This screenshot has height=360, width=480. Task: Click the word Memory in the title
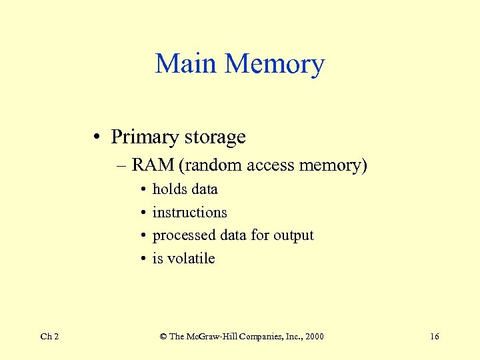point(275,64)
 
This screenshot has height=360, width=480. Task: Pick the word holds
point(169,189)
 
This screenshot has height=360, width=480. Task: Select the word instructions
point(189,212)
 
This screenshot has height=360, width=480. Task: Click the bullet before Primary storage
point(97,137)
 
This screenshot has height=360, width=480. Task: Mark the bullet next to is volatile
point(144,259)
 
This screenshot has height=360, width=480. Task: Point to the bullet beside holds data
point(144,189)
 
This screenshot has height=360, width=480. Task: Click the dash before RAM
point(123,165)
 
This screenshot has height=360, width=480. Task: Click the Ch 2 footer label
point(49,337)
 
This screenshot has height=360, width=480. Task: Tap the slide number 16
point(434,337)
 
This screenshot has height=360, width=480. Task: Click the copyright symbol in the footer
point(163,337)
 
